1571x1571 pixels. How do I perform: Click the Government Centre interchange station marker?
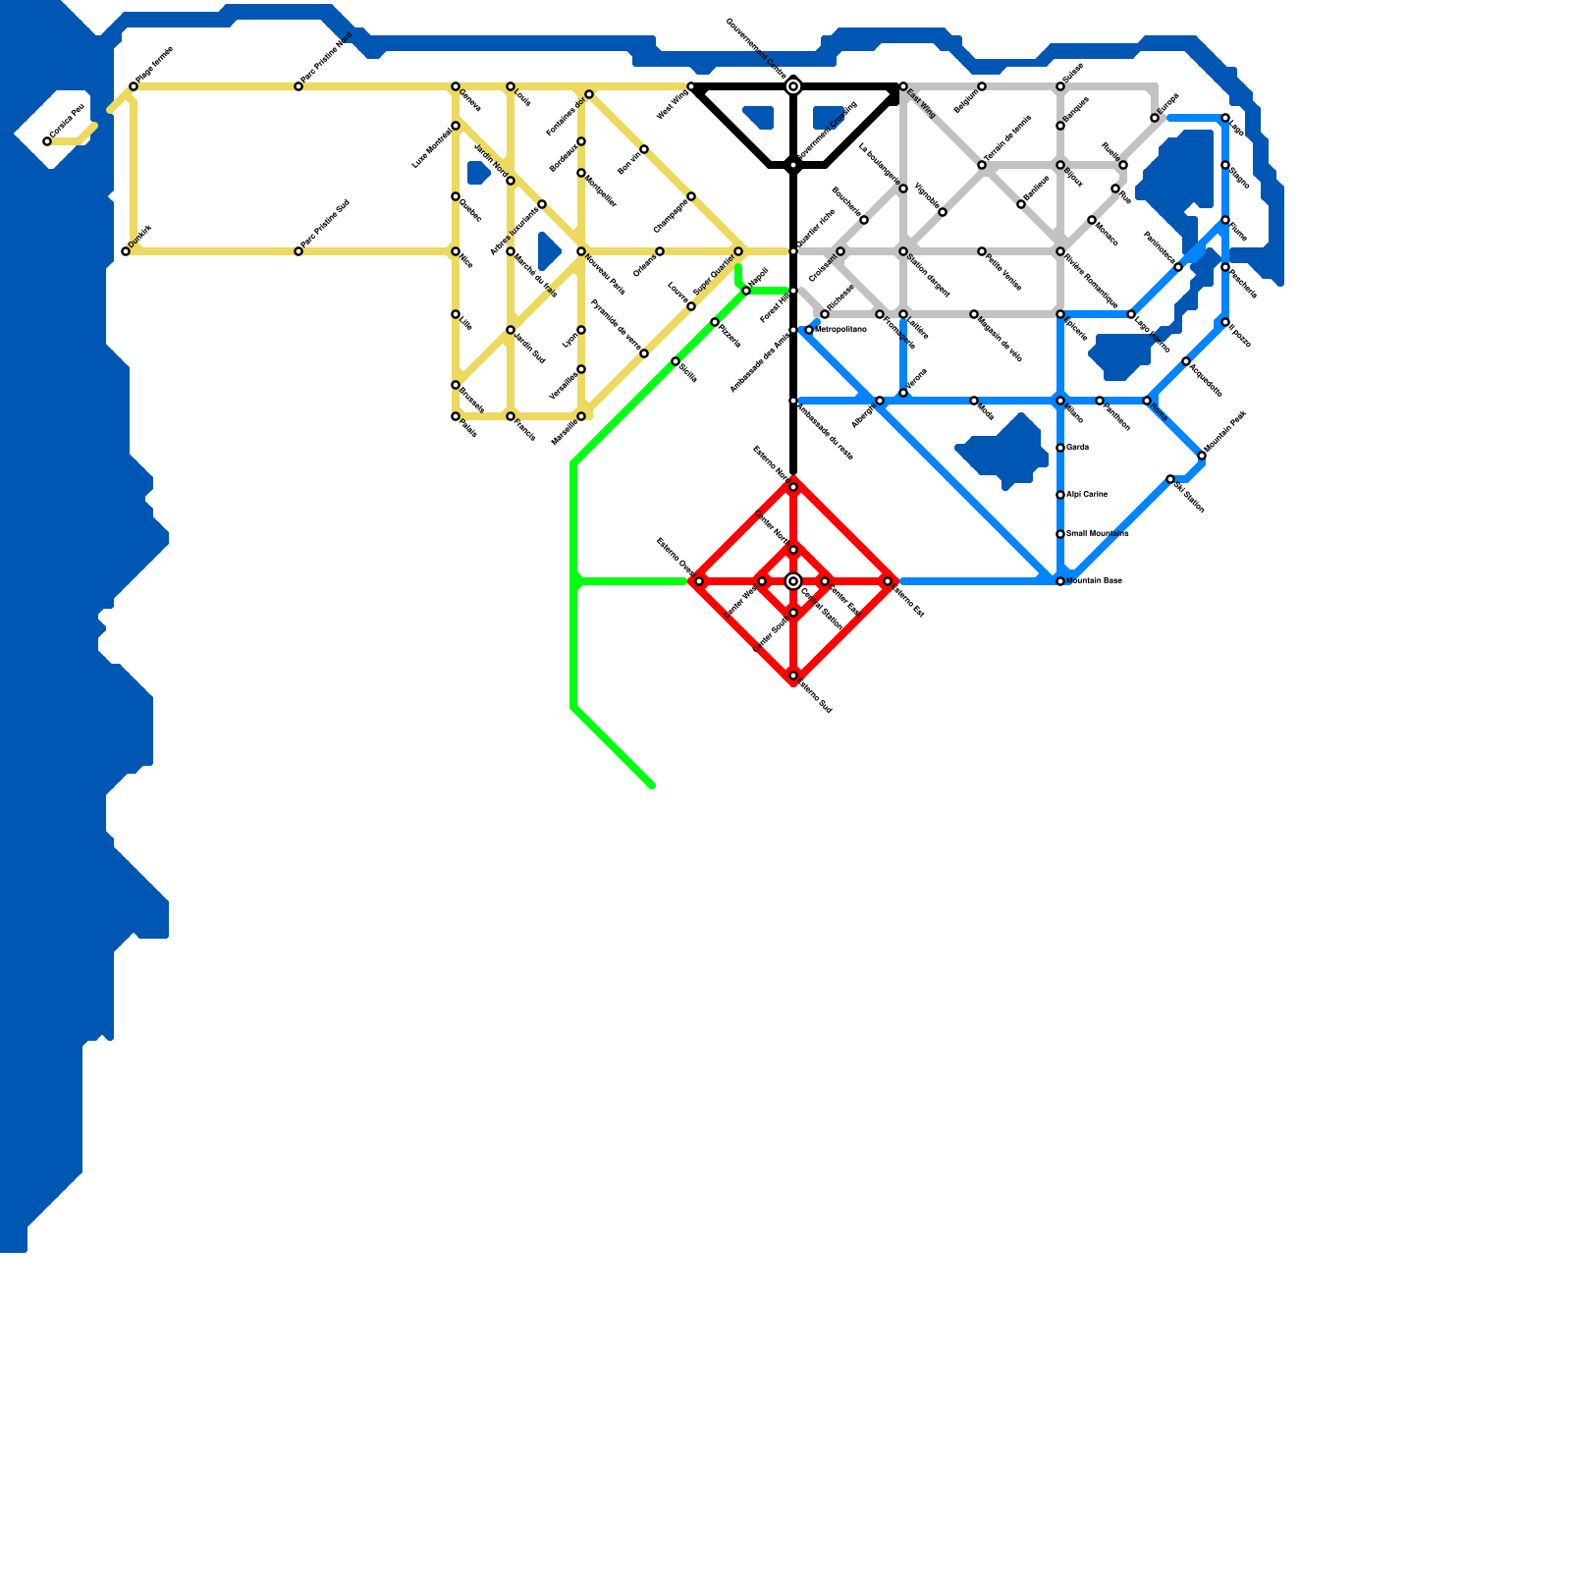click(793, 86)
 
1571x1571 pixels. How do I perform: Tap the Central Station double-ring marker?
click(793, 581)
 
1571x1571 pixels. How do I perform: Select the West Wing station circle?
click(691, 86)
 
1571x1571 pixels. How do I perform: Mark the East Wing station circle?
click(903, 86)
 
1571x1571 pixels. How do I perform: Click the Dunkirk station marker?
click(126, 251)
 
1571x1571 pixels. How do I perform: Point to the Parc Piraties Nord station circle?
click(298, 86)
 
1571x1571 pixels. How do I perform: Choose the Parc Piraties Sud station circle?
click(298, 251)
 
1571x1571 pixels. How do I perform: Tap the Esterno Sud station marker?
click(793, 676)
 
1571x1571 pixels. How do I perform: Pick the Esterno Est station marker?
click(888, 581)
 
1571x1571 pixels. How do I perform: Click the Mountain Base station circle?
click(1060, 581)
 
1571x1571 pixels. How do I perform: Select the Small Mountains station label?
click(1097, 534)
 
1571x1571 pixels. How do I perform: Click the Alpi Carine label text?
click(1087, 495)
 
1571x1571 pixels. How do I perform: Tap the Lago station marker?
click(1225, 118)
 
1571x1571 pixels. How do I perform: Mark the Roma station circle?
click(1147, 401)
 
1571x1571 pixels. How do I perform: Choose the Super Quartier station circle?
click(738, 251)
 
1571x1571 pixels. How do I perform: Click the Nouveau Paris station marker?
click(581, 251)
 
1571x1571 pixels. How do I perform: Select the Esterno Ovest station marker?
click(699, 581)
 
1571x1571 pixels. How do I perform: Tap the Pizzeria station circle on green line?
click(715, 322)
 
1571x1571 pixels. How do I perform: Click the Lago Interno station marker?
click(1131, 314)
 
